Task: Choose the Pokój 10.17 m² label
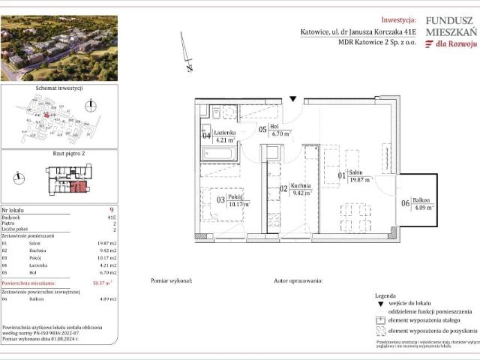click(238, 200)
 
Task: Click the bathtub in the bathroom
click(219, 154)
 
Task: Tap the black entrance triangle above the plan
click(293, 98)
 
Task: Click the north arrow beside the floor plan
click(188, 54)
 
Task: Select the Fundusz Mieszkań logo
click(450, 34)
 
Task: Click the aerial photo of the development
click(59, 49)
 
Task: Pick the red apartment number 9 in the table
click(111, 211)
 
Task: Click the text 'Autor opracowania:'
click(298, 280)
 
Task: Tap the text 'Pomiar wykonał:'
click(171, 280)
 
